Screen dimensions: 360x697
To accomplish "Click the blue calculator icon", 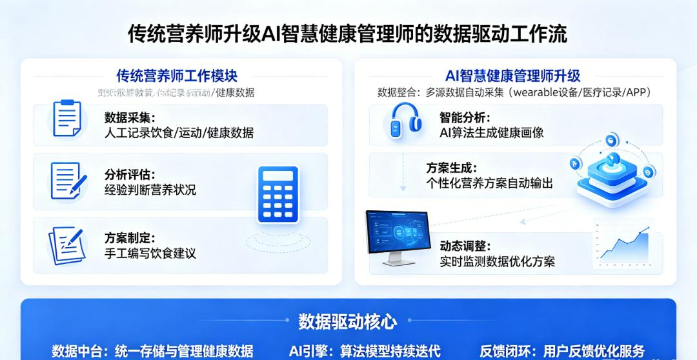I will tap(278, 194).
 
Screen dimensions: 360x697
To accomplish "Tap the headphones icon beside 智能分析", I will tap(406, 121).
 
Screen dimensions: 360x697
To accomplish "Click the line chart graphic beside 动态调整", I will tap(623, 244).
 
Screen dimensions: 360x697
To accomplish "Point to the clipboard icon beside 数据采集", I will tap(66, 118).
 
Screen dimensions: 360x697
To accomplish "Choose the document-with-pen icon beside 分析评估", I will tap(68, 181).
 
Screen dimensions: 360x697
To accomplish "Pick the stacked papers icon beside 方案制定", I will tap(67, 245).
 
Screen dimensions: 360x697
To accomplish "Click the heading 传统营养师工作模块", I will tap(177, 76).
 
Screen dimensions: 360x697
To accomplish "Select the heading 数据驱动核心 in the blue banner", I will tap(348, 321).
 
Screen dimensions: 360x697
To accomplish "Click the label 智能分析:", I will tap(465, 117).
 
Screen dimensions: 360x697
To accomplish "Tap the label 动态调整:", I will tap(465, 246).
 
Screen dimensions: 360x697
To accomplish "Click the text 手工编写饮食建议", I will tap(150, 253).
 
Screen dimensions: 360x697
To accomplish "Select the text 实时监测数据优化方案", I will tap(497, 261).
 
